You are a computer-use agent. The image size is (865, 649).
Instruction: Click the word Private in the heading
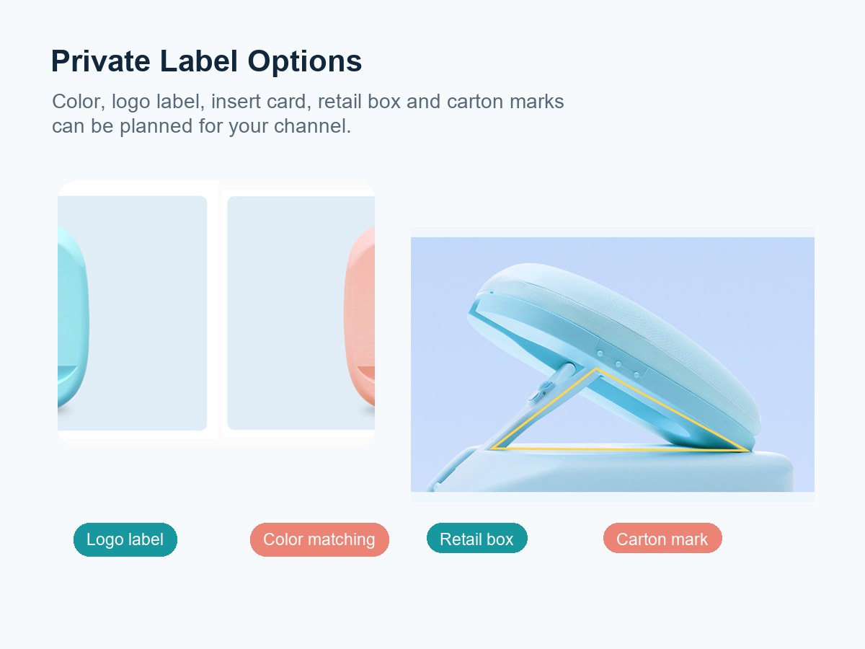(x=101, y=61)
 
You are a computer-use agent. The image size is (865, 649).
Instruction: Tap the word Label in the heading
(x=199, y=61)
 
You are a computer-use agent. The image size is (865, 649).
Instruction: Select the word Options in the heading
(x=305, y=62)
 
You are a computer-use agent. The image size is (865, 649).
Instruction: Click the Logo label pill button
(x=125, y=539)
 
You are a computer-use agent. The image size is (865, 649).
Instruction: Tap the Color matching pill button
(x=319, y=539)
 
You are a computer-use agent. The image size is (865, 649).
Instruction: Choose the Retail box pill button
(x=477, y=538)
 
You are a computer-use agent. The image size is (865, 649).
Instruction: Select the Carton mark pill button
(x=662, y=538)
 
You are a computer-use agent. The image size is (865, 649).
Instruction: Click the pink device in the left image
(x=360, y=316)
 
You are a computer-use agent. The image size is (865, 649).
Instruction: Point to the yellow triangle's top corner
(x=596, y=369)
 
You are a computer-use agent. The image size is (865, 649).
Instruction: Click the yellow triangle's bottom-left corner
(x=493, y=448)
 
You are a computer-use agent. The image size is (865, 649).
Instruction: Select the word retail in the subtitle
(x=340, y=101)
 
